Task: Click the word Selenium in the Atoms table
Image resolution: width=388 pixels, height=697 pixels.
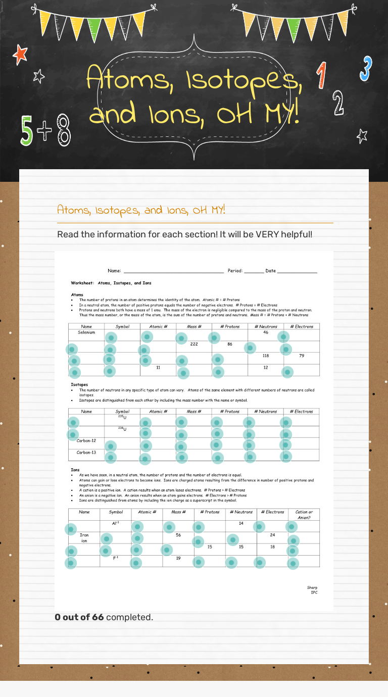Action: coord(86,332)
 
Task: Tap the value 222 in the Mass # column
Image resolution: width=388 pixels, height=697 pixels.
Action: coord(194,344)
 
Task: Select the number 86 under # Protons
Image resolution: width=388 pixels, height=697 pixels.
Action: coord(230,344)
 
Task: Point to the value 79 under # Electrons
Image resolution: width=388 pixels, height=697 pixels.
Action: coord(302,356)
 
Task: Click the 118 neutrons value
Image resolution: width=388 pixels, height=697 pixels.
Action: coord(266,356)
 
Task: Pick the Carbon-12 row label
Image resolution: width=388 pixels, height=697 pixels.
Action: coord(86,440)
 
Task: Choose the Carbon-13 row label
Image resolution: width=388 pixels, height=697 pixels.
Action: coord(86,453)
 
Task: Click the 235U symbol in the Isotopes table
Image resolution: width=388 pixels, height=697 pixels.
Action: coord(122,417)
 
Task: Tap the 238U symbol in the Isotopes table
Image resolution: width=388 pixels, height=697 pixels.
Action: coord(122,429)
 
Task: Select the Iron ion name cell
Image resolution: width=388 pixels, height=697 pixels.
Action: coord(84,538)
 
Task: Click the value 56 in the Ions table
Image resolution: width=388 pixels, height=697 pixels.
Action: coord(178,535)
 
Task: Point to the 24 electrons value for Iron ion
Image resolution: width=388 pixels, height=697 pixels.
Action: coord(272,535)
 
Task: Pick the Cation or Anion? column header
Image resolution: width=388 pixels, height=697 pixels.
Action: coord(304,514)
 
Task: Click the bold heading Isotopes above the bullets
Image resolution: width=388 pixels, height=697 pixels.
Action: coord(80,385)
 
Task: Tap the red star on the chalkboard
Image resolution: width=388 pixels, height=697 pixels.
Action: coord(20,54)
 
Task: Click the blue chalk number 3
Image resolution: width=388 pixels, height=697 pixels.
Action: coord(366,69)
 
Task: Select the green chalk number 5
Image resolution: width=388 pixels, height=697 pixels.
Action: coord(27,130)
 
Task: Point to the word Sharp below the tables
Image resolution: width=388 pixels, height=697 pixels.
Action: coord(312,587)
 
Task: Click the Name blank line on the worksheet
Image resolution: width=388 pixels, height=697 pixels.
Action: coord(172,271)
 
